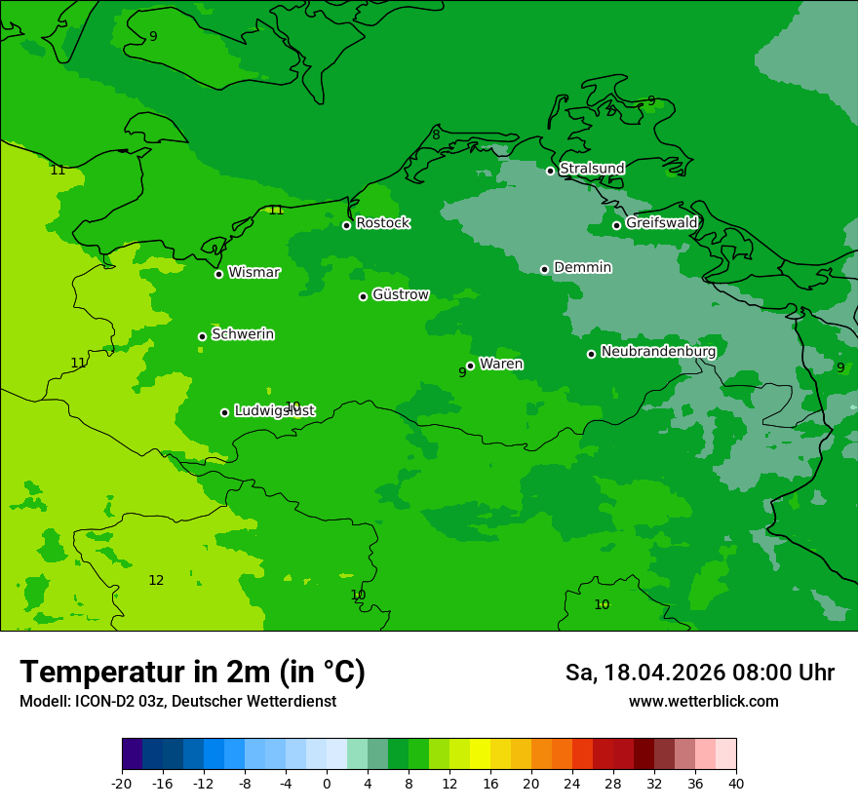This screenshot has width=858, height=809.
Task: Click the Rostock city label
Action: [382, 223]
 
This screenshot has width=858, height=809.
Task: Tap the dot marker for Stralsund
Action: [550, 171]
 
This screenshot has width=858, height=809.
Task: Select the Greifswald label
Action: [661, 223]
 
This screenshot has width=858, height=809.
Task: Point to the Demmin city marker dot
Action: [544, 269]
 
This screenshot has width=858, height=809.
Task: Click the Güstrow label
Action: [400, 294]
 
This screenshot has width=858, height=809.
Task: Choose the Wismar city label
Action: [253, 272]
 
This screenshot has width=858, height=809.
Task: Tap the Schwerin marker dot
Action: [202, 336]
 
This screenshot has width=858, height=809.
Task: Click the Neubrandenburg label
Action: [658, 351]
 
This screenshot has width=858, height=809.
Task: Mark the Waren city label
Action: [500, 364]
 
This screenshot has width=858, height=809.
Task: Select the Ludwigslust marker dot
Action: [224, 412]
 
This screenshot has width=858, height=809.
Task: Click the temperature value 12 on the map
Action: [156, 580]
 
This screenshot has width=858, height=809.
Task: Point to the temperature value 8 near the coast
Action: [436, 135]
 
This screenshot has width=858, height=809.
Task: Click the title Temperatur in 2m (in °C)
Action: [192, 673]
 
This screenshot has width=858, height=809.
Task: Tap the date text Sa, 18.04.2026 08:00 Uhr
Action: [699, 673]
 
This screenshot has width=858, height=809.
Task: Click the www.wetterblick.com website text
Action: [703, 701]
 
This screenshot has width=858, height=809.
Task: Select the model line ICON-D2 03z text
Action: [177, 701]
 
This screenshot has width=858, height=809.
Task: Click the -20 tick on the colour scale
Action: [122, 783]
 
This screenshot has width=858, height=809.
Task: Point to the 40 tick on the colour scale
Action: [735, 783]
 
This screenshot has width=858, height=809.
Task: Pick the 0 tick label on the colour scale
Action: [327, 783]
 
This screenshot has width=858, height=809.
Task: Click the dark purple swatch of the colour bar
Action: [133, 754]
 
